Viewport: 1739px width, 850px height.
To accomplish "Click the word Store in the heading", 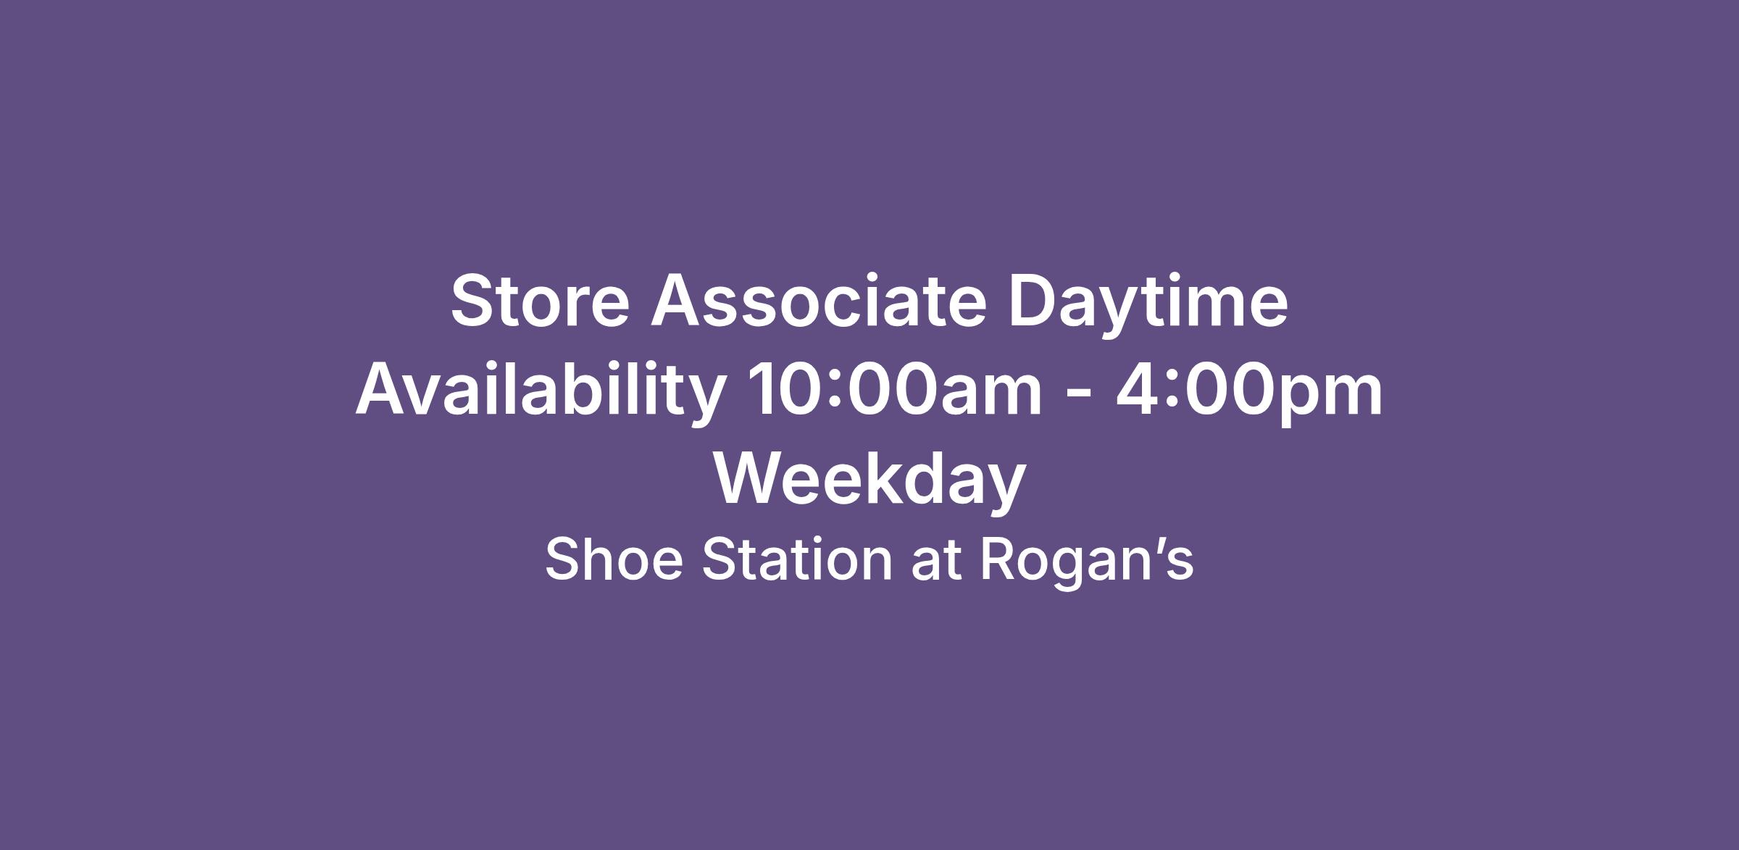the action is [541, 300].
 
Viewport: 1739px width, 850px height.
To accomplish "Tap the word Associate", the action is [819, 300].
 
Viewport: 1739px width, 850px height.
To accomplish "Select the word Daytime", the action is [1148, 304].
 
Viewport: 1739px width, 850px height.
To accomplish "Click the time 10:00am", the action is [895, 390].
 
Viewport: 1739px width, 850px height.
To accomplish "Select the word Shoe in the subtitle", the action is [614, 559].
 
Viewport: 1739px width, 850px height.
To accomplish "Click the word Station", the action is [797, 559].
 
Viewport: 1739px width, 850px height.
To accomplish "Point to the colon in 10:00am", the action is [835, 395].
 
